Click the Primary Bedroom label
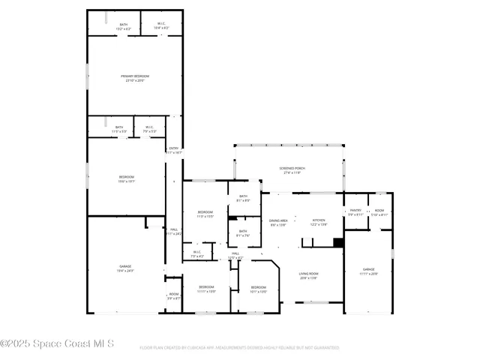[135, 78]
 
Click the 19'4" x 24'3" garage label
[124, 268]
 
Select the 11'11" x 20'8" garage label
[368, 271]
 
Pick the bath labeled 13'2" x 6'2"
[124, 26]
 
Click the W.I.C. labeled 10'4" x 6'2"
[162, 26]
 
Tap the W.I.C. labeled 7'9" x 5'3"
[149, 129]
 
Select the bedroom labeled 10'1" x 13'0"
[258, 289]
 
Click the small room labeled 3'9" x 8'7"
[173, 295]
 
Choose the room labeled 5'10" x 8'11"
[379, 212]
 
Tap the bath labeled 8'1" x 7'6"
[243, 232]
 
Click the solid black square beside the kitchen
[338, 242]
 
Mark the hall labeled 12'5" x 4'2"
[235, 256]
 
